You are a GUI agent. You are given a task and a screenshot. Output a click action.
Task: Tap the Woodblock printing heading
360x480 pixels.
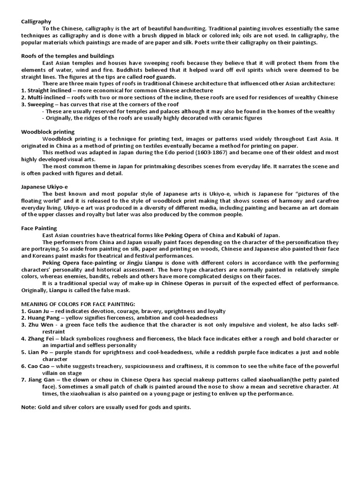48,132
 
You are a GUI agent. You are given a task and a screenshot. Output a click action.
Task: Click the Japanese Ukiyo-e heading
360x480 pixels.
45,187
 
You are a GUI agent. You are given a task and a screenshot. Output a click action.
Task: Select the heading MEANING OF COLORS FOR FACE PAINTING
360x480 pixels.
78,304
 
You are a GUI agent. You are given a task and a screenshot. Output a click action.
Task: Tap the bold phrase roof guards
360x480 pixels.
160,77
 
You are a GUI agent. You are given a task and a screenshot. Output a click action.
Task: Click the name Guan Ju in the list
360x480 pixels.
39,311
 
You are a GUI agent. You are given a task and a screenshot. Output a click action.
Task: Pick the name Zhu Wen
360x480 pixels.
40,325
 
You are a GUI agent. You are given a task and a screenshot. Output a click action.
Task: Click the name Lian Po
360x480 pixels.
38,352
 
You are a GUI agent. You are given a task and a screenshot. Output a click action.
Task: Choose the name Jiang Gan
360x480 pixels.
42,379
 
